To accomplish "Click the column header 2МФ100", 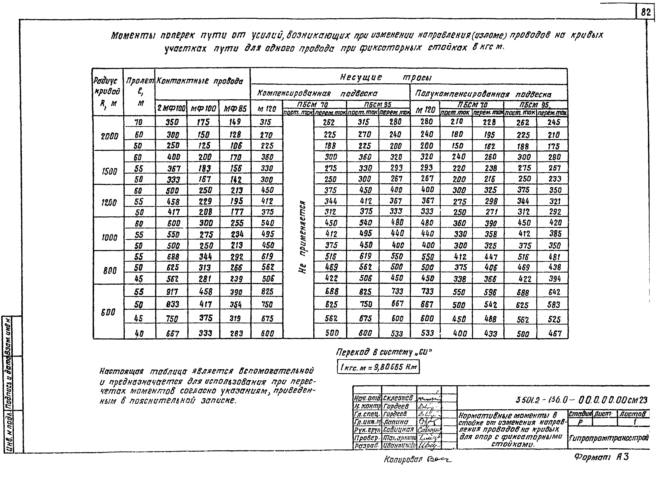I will [171, 109].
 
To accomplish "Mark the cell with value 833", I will [173, 304].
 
